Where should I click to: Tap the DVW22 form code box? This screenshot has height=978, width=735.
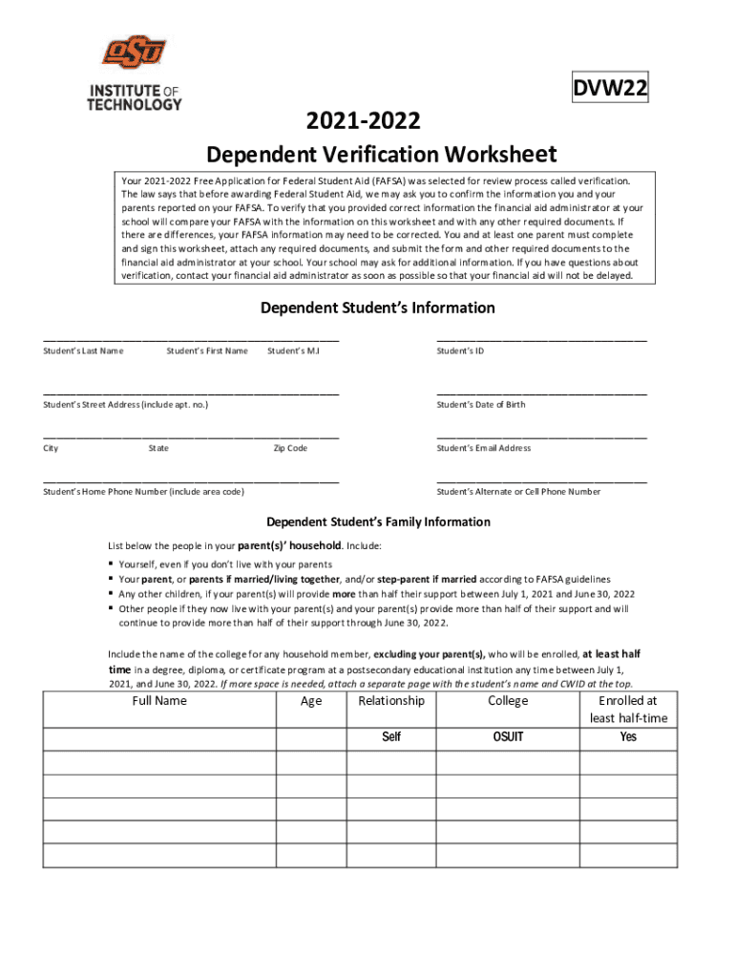point(611,89)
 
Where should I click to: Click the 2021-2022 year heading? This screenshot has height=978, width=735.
point(363,121)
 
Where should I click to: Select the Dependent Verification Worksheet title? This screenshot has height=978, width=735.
point(382,155)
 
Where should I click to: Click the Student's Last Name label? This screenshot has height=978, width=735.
point(83,351)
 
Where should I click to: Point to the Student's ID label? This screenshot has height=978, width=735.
point(460,351)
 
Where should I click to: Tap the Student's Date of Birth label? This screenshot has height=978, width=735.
point(481,405)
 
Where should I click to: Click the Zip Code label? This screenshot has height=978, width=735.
point(290,448)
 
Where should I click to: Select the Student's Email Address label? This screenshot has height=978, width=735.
point(483,448)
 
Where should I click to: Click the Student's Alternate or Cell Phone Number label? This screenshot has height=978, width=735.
point(518,492)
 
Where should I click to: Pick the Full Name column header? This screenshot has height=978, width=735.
point(159,701)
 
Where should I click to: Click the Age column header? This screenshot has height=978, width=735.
point(311,701)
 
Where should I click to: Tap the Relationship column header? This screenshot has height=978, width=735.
point(391,701)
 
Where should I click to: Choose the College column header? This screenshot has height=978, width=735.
point(508,701)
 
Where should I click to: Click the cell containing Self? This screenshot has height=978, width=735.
point(391,737)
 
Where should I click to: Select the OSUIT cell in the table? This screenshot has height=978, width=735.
point(508,737)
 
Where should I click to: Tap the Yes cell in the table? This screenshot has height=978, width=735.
point(628,737)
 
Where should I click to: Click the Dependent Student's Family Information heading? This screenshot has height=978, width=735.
point(378,522)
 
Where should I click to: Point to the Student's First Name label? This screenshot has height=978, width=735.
point(207,351)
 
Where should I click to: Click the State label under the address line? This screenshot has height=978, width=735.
point(158,448)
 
